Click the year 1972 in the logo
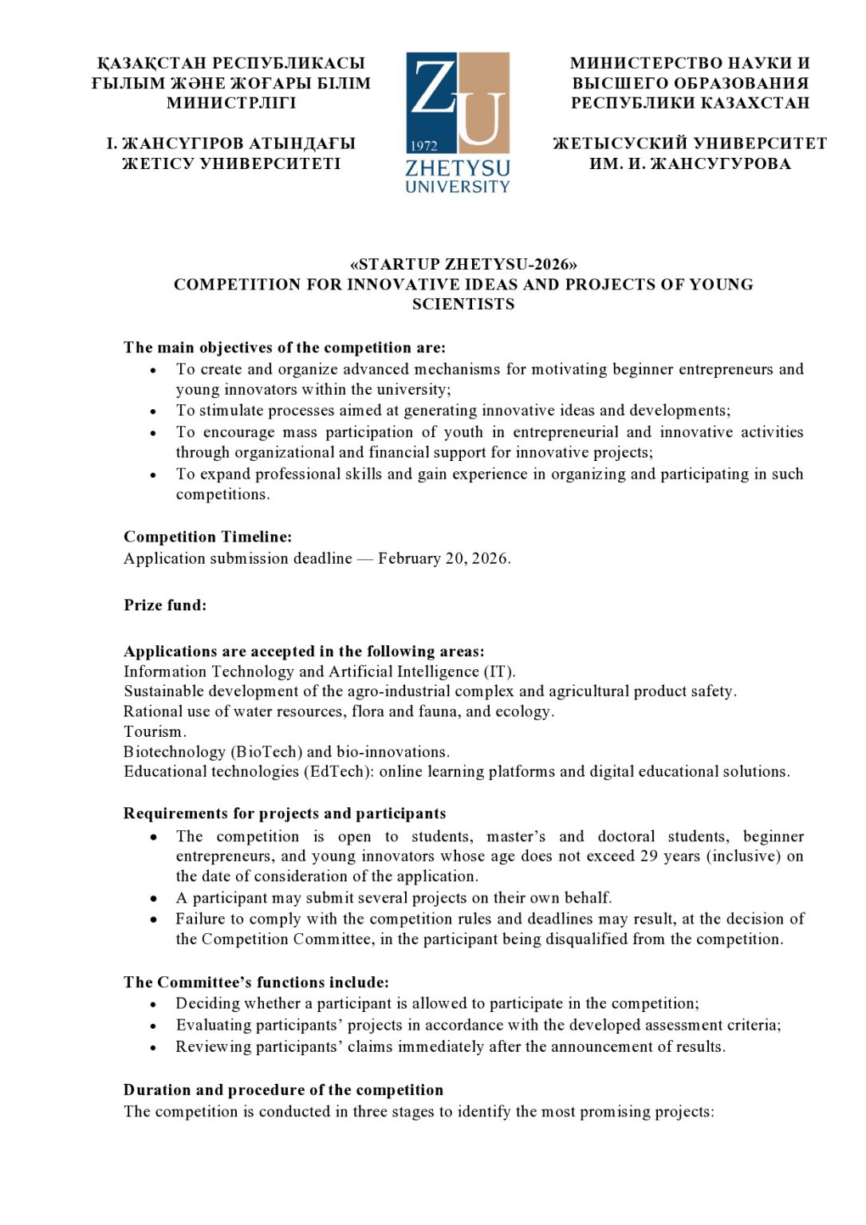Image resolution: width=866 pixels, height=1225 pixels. [424, 146]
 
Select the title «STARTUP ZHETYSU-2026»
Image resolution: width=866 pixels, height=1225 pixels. [463, 265]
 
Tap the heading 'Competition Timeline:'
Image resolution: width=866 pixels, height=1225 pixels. [207, 537]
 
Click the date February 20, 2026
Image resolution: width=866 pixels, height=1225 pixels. [443, 558]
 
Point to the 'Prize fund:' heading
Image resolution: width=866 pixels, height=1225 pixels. [164, 605]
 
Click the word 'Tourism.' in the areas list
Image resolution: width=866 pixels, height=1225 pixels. [155, 731]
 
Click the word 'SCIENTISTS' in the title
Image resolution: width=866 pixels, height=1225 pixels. [463, 304]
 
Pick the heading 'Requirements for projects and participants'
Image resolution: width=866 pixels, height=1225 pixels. [284, 813]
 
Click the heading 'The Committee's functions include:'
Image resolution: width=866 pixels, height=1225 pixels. [256, 982]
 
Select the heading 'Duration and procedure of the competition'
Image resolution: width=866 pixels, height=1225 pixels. [283, 1089]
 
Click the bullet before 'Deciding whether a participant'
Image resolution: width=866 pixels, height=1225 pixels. [153, 1004]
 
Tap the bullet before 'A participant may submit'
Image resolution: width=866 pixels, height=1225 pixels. [153, 898]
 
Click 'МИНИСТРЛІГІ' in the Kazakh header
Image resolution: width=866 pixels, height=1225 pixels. [231, 103]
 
